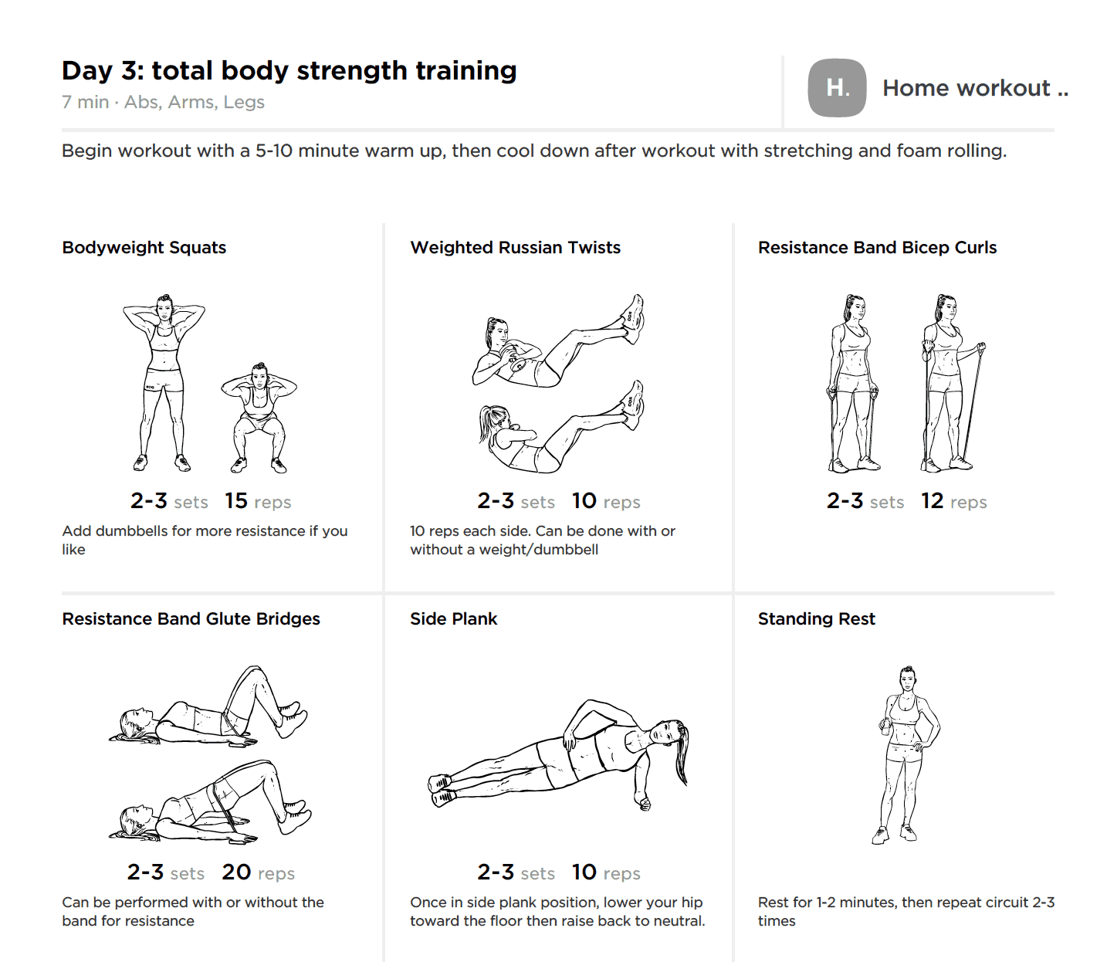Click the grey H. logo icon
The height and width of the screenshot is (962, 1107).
pyautogui.click(x=837, y=88)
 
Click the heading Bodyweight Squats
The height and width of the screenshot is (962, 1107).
pyautogui.click(x=144, y=248)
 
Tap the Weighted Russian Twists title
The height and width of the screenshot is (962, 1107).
pyautogui.click(x=515, y=248)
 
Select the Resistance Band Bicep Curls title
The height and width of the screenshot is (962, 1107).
pyautogui.click(x=877, y=248)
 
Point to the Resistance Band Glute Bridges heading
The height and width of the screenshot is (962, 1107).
pyautogui.click(x=191, y=619)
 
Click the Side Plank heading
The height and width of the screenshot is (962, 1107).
pyautogui.click(x=453, y=619)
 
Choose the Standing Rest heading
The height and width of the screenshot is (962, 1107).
pyautogui.click(x=816, y=619)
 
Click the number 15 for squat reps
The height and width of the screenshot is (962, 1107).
pyautogui.click(x=236, y=501)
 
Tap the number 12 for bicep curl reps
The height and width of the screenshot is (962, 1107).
pyautogui.click(x=932, y=501)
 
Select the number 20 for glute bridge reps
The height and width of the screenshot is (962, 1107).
pyautogui.click(x=236, y=872)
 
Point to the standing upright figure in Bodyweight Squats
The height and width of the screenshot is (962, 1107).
pyautogui.click(x=164, y=382)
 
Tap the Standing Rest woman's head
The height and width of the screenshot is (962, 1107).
pyautogui.click(x=907, y=679)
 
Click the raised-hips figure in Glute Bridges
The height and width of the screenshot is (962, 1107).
pyautogui.click(x=212, y=803)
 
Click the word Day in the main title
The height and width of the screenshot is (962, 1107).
pyautogui.click(x=87, y=71)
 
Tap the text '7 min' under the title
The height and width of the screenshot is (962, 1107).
pyautogui.click(x=85, y=103)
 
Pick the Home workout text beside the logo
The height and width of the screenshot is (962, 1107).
pyautogui.click(x=967, y=89)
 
